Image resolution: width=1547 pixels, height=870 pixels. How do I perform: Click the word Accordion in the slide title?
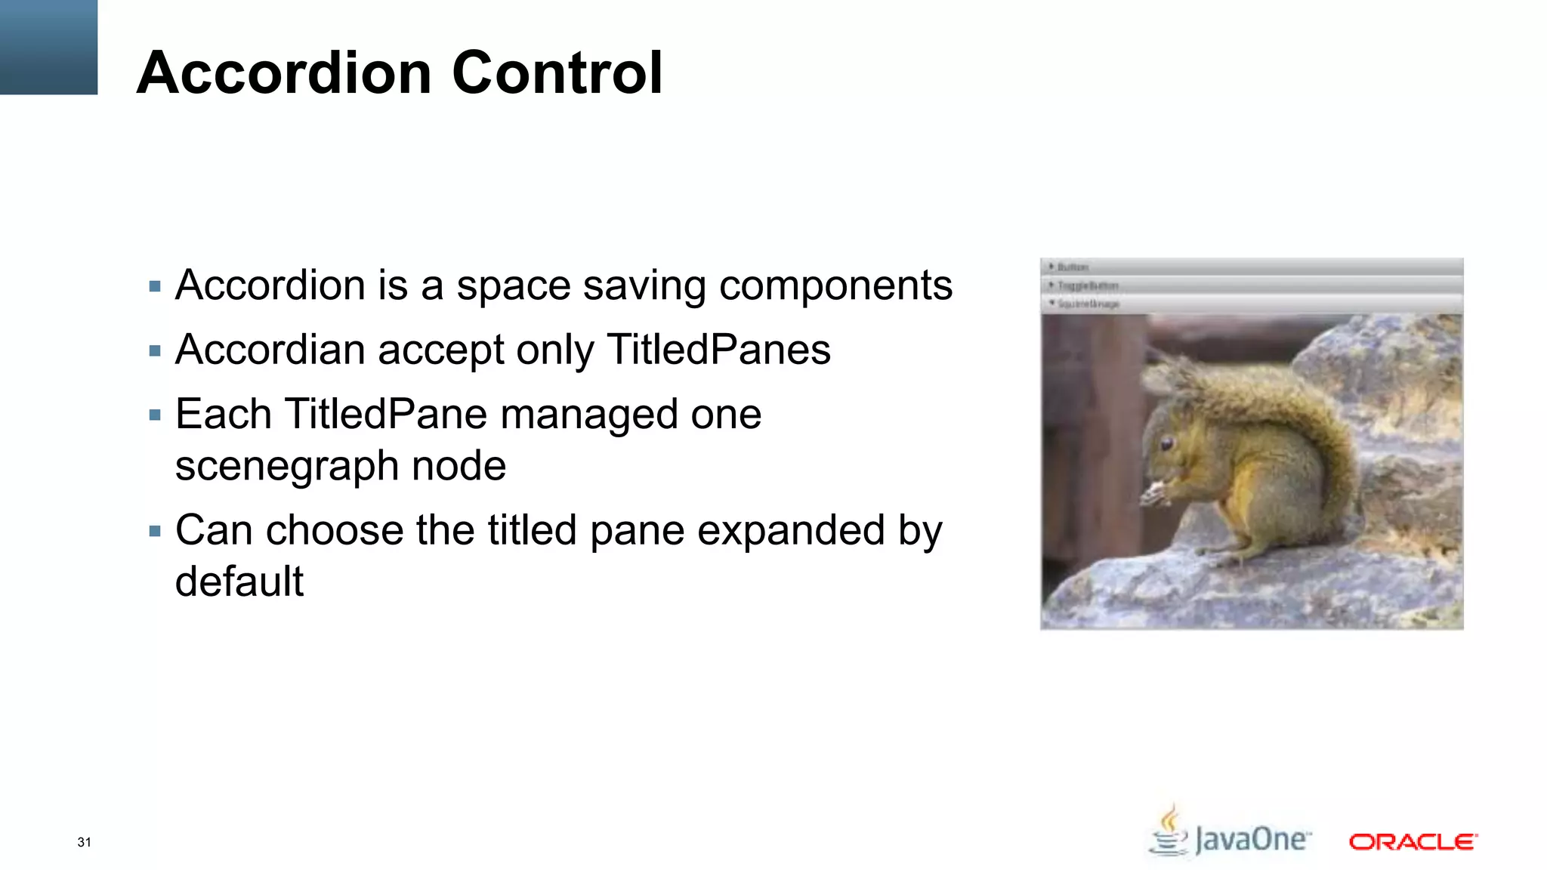284,72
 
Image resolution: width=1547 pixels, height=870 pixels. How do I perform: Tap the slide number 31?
84,842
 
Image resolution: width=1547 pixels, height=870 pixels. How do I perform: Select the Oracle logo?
1413,841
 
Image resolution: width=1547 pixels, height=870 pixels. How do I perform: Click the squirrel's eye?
1167,443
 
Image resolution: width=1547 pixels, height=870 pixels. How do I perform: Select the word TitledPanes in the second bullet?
718,350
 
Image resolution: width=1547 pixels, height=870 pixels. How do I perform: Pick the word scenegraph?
287,466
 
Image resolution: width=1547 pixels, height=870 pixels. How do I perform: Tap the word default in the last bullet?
239,582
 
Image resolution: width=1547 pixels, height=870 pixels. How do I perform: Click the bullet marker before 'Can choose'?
156,531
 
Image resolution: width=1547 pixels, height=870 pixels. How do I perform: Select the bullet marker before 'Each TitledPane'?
156,415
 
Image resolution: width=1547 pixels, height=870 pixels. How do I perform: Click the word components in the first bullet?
835,285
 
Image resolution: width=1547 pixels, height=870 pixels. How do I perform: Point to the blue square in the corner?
48,47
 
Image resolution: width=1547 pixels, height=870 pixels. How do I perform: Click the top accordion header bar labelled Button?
1251,267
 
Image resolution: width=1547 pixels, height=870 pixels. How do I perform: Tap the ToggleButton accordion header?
1251,285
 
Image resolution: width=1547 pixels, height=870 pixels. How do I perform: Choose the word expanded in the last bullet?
790,530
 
